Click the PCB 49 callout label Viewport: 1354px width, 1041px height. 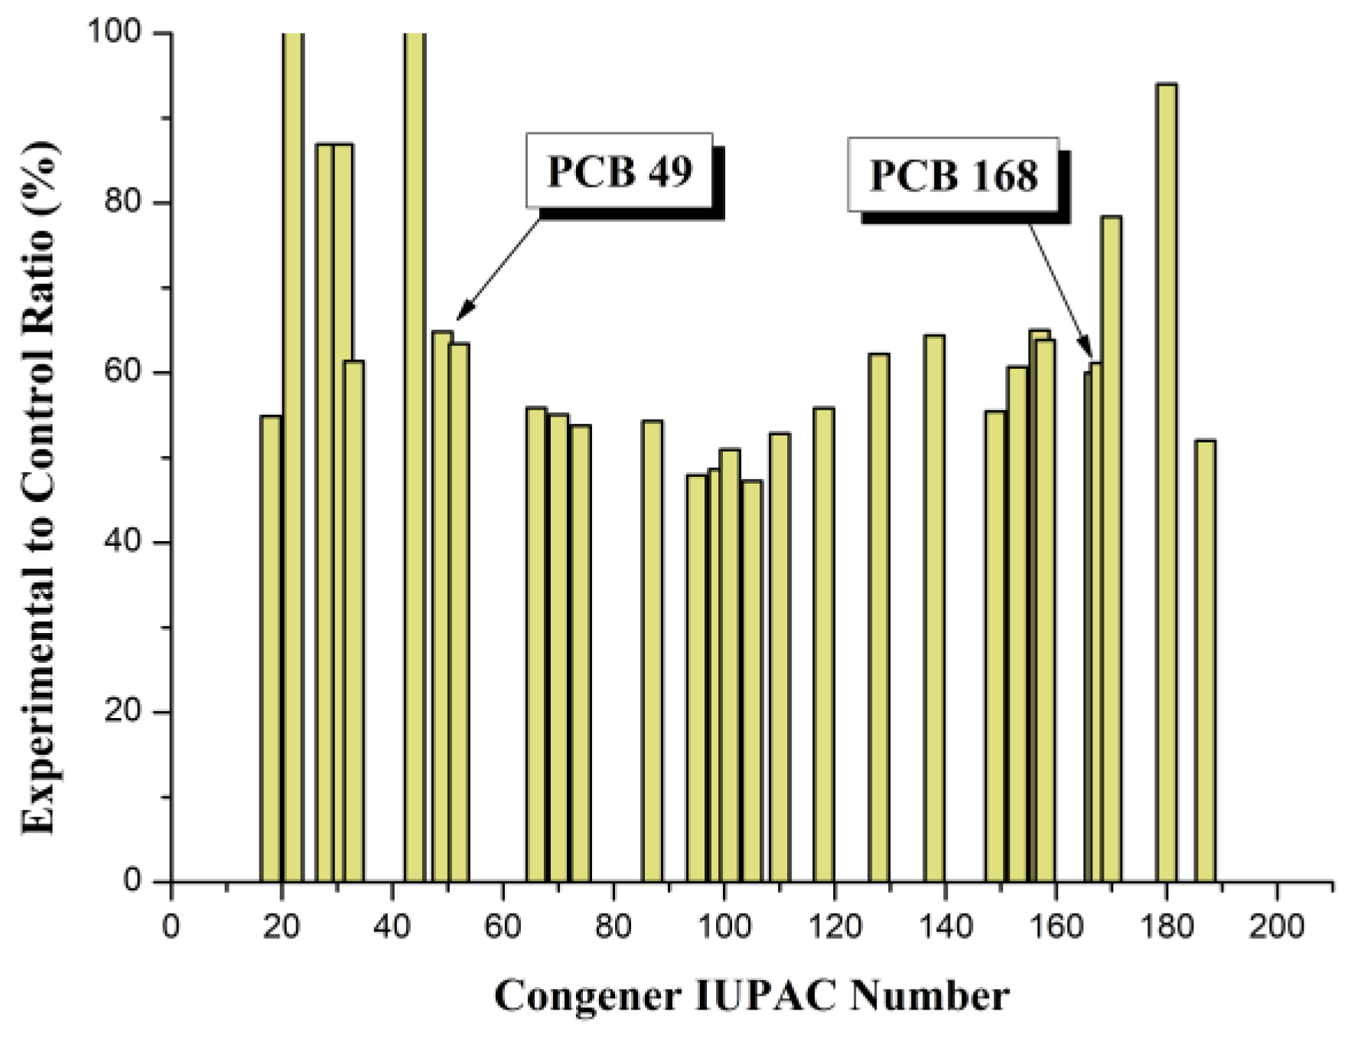(x=619, y=171)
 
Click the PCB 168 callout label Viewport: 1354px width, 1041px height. (x=953, y=175)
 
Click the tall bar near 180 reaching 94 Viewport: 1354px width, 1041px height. (x=1166, y=482)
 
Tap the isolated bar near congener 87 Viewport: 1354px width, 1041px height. (x=652, y=651)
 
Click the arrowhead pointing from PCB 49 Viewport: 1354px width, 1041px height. (x=461, y=315)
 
